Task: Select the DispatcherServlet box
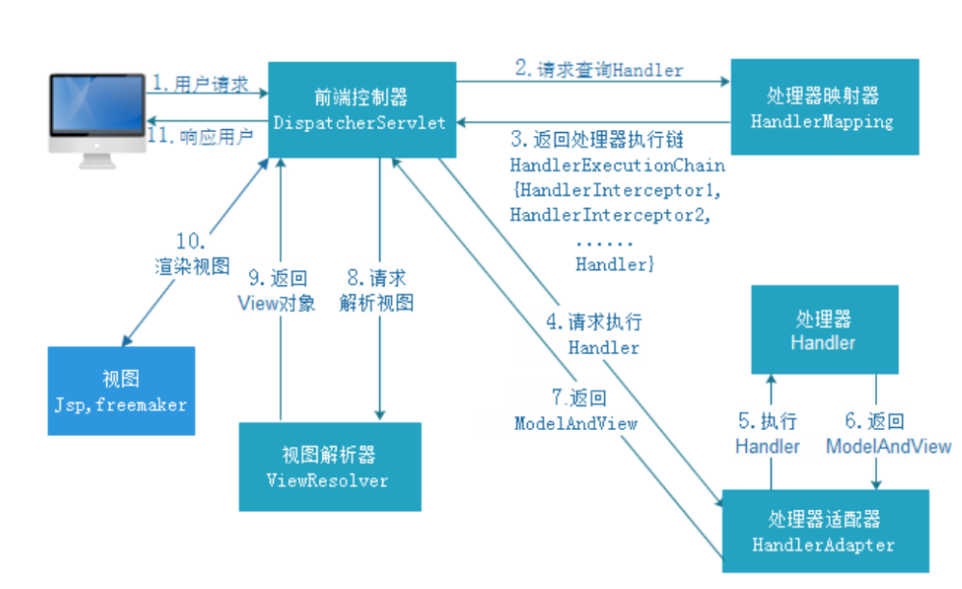click(x=360, y=108)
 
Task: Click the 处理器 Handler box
click(x=824, y=330)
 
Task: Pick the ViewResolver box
click(x=330, y=467)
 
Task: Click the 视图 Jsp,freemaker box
click(x=120, y=390)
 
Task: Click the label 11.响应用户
click(x=204, y=136)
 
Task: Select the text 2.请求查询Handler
click(x=598, y=69)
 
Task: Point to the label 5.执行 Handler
click(x=767, y=434)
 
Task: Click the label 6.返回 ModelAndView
click(x=875, y=434)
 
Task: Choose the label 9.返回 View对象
click(x=277, y=290)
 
